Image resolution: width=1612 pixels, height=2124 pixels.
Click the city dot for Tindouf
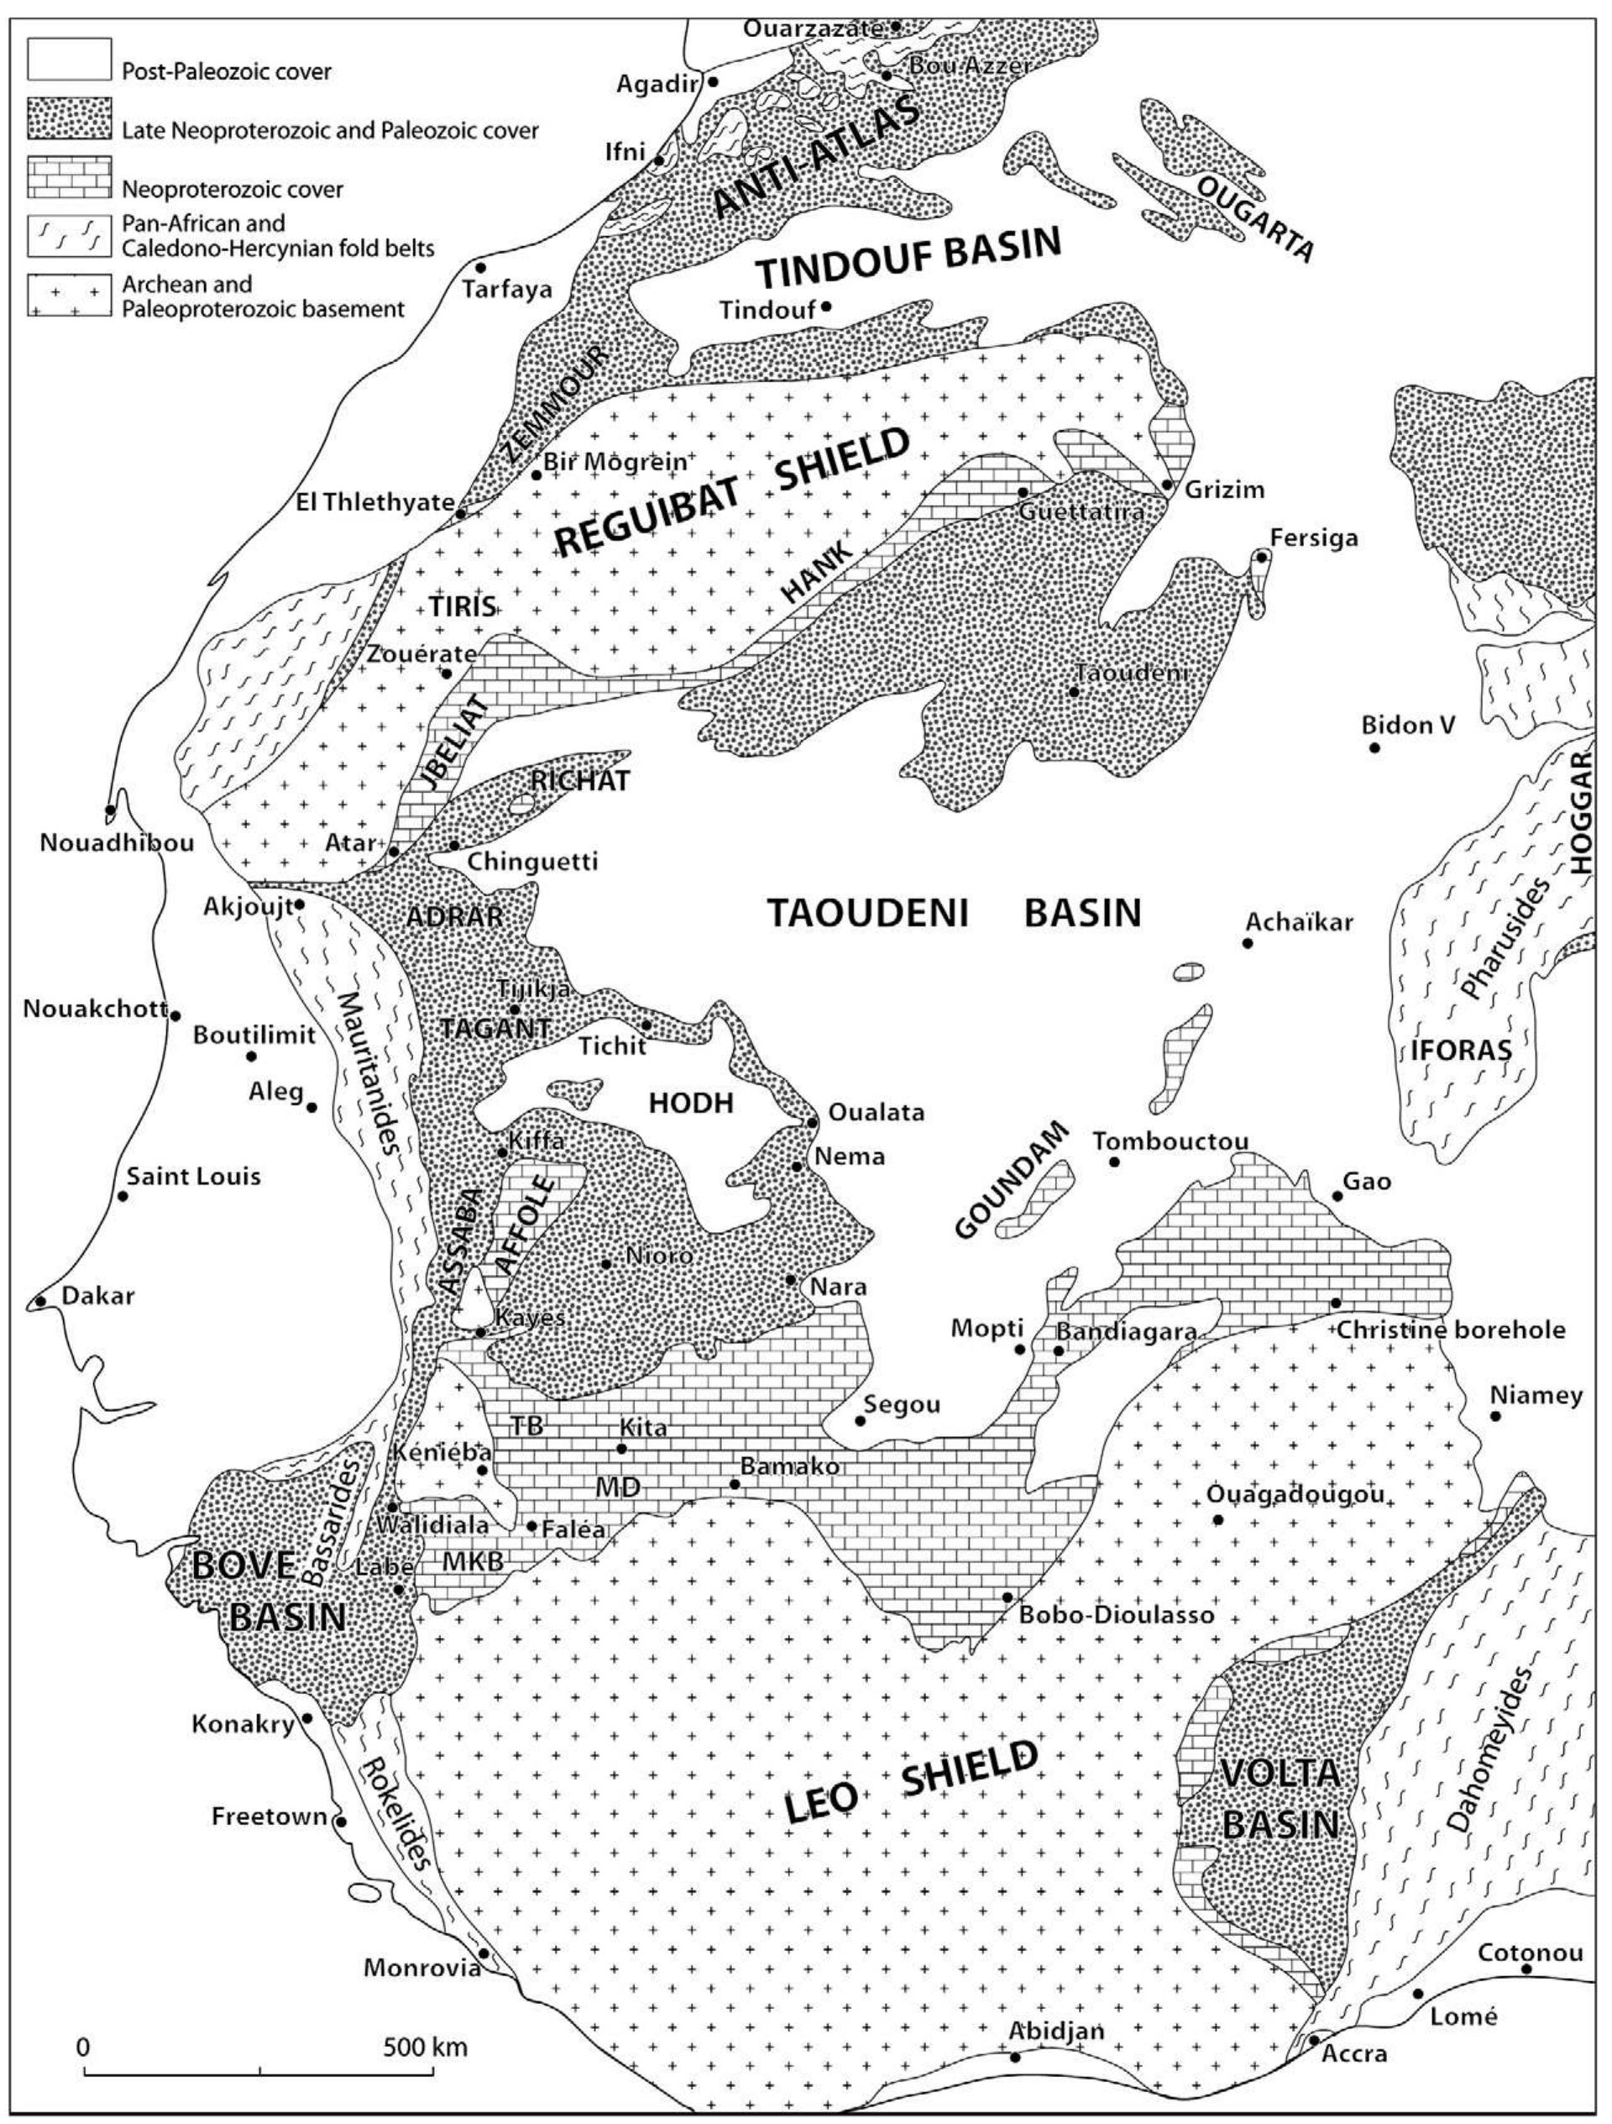(824, 307)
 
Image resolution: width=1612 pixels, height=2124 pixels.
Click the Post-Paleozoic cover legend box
(69, 59)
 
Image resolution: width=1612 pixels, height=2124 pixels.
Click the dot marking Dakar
(40, 1301)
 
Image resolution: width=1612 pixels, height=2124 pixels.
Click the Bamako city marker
(735, 1485)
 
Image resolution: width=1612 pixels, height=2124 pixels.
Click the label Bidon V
(1409, 725)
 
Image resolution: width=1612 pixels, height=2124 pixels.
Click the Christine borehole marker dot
(1336, 1303)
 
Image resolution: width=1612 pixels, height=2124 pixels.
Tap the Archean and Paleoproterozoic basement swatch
(69, 295)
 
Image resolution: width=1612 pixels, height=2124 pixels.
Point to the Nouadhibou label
(118, 843)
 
